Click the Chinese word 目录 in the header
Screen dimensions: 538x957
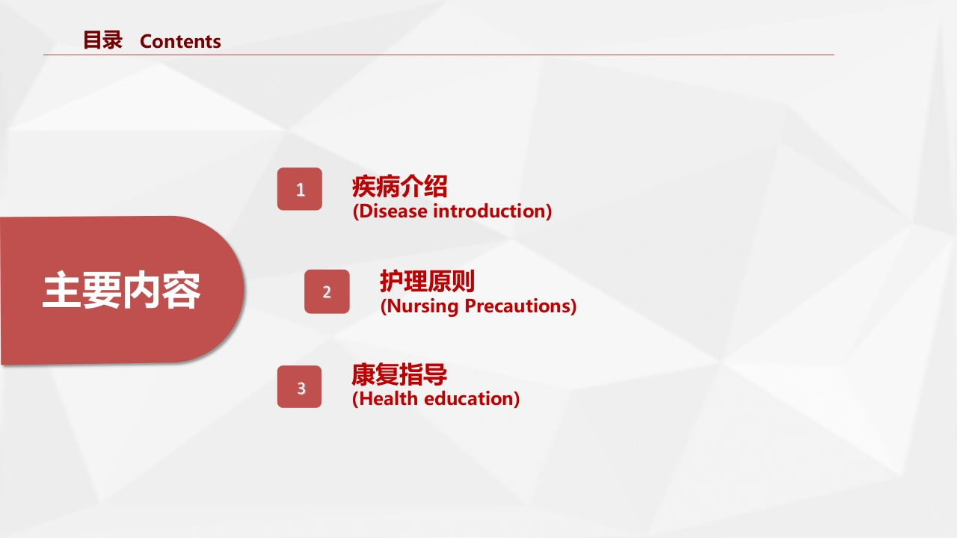(102, 40)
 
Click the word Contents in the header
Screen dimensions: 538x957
(180, 42)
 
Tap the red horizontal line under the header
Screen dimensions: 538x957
(438, 55)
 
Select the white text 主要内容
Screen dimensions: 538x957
(121, 291)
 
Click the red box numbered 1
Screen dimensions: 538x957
(300, 189)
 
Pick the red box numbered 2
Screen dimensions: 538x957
(327, 291)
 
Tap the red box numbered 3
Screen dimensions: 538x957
(300, 387)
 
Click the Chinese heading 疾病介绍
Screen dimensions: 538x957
(399, 187)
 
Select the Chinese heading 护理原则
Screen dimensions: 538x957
(427, 282)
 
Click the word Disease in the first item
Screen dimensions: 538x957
(393, 211)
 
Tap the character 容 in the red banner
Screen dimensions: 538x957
(181, 291)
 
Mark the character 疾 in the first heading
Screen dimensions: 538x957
(364, 187)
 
